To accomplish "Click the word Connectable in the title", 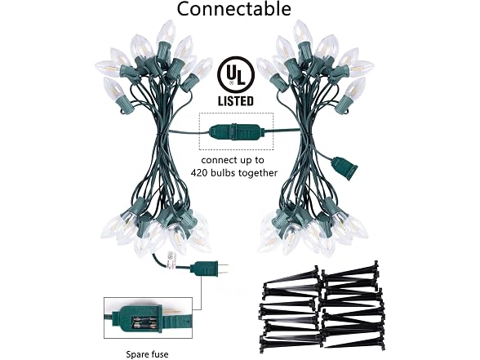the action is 233,9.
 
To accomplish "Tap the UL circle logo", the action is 236,74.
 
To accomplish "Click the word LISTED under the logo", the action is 236,101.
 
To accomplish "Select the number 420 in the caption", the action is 199,173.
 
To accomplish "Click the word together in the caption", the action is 258,173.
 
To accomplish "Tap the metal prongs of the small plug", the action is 224,269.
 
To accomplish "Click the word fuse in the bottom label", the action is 160,354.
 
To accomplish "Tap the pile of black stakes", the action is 321,308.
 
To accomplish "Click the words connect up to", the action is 233,160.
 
